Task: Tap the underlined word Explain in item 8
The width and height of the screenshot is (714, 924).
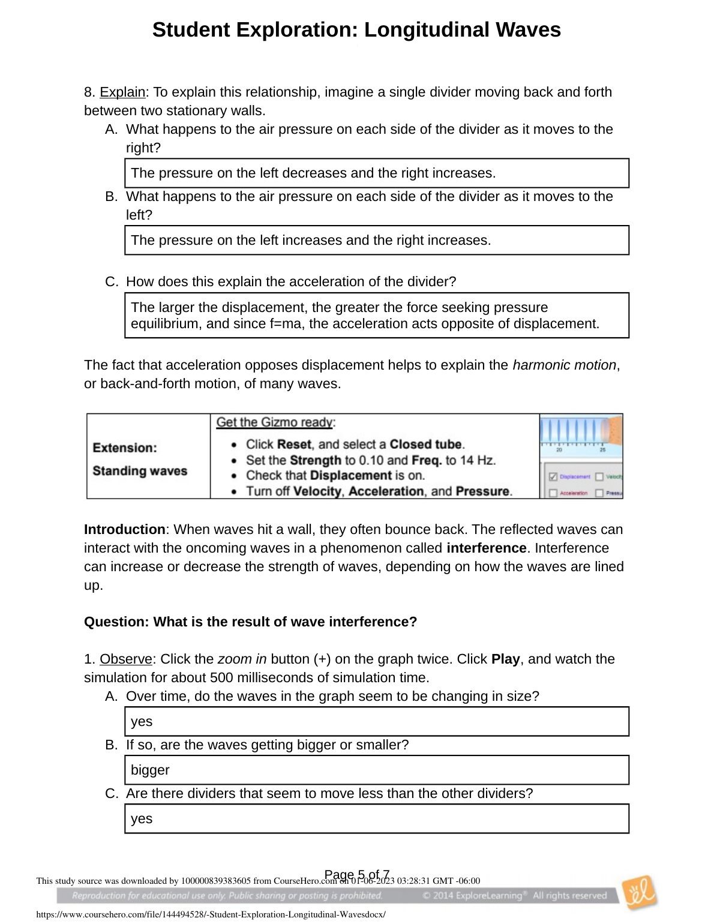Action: (122, 92)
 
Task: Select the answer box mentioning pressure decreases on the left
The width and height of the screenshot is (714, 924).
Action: (377, 173)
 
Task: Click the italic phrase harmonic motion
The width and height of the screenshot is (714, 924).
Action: (564, 365)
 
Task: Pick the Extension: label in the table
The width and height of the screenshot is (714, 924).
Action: (125, 448)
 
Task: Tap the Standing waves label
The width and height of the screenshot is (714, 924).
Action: (140, 471)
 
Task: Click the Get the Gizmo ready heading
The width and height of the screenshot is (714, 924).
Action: (275, 422)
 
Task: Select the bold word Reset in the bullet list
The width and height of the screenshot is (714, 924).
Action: (294, 445)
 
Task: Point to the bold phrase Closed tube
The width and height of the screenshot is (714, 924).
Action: (426, 445)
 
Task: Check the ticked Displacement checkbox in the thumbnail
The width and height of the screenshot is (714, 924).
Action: (553, 477)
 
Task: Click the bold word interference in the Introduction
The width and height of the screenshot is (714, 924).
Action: (487, 548)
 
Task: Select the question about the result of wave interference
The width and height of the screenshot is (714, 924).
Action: (250, 622)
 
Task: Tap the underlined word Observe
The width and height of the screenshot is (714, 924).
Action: (126, 659)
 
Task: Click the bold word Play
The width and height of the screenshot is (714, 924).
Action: (505, 659)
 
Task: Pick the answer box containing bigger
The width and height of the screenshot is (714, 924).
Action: (377, 770)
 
